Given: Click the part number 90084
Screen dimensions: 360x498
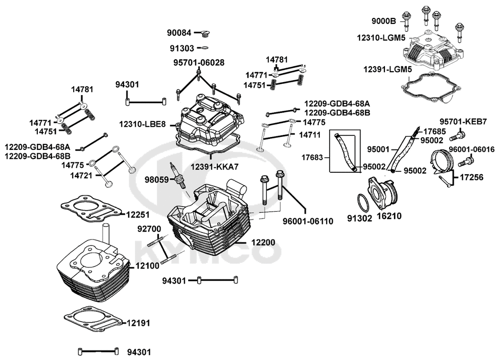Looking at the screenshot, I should [x=179, y=33].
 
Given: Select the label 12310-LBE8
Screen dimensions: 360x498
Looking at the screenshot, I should [x=142, y=123].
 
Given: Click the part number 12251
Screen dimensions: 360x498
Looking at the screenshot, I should [x=137, y=214].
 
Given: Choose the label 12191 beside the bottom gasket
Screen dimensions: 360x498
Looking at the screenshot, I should [x=137, y=323].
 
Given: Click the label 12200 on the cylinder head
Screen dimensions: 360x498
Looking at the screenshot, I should [x=263, y=242].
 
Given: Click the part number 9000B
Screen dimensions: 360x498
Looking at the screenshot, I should [x=383, y=21].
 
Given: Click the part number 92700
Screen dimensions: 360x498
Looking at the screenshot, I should [x=149, y=230].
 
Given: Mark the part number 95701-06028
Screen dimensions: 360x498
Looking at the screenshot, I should [x=199, y=63].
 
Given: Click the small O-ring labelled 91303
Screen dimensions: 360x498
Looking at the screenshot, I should [x=203, y=48].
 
